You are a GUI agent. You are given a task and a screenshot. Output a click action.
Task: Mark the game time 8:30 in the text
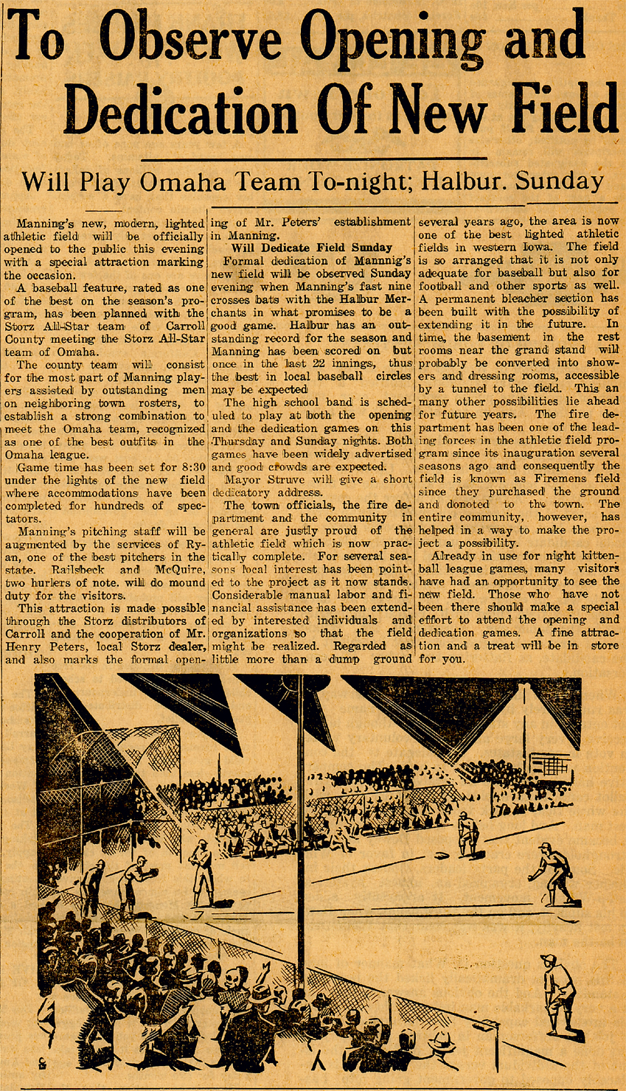coord(188,467)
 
